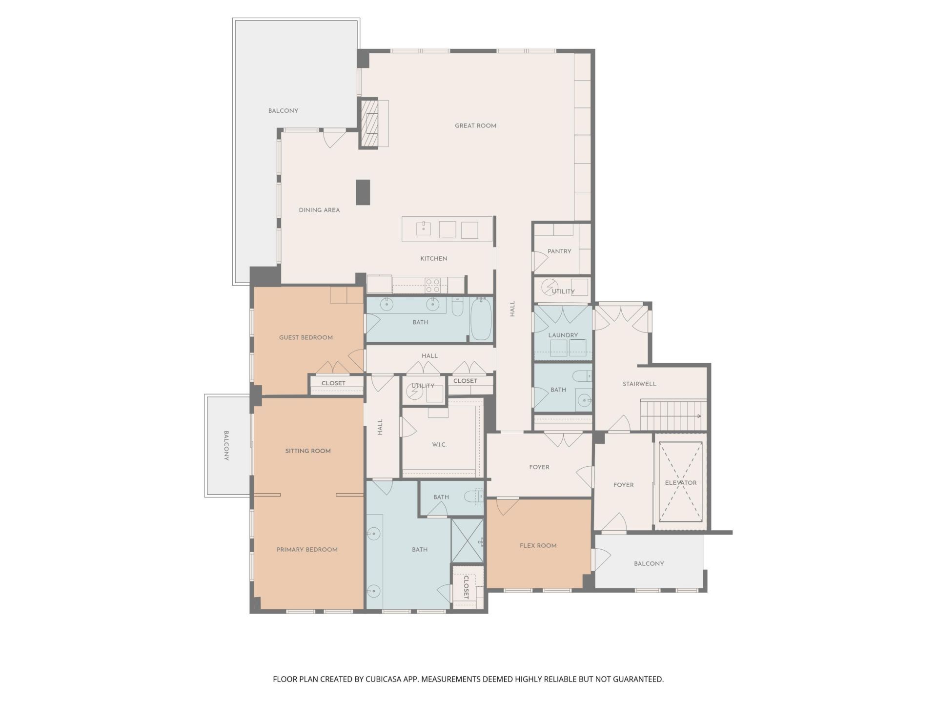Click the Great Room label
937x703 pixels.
[475, 126]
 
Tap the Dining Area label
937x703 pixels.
[319, 210]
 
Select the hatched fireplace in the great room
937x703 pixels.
[369, 124]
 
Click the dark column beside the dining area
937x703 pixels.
[363, 192]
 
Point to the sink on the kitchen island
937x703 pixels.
[424, 228]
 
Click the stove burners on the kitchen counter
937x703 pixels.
[432, 285]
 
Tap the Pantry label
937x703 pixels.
[559, 251]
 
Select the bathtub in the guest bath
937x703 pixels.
[481, 319]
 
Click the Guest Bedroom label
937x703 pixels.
[306, 338]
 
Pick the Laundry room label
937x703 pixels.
[563, 335]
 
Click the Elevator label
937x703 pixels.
[680, 483]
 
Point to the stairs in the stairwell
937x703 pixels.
[672, 415]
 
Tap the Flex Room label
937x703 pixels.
[538, 546]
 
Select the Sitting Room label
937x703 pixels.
[308, 451]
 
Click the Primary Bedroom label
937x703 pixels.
[307, 550]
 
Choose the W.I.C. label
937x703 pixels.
[439, 445]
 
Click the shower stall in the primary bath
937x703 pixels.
[467, 541]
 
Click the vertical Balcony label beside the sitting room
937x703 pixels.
[226, 445]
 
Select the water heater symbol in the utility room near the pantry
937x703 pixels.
[550, 285]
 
